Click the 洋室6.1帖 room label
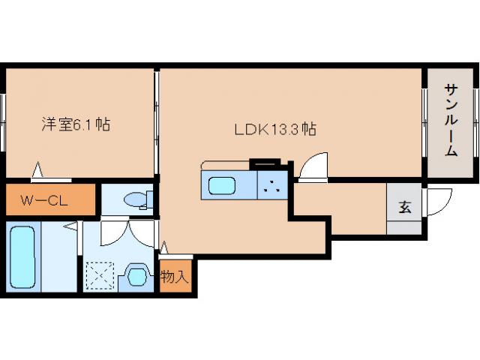point(75,124)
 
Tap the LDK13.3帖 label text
point(274,129)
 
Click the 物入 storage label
point(176,277)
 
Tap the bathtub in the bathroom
point(24,256)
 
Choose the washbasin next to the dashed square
point(136,275)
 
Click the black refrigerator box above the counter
point(263,160)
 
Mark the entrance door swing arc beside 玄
point(437,199)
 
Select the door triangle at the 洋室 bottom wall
point(37,172)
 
